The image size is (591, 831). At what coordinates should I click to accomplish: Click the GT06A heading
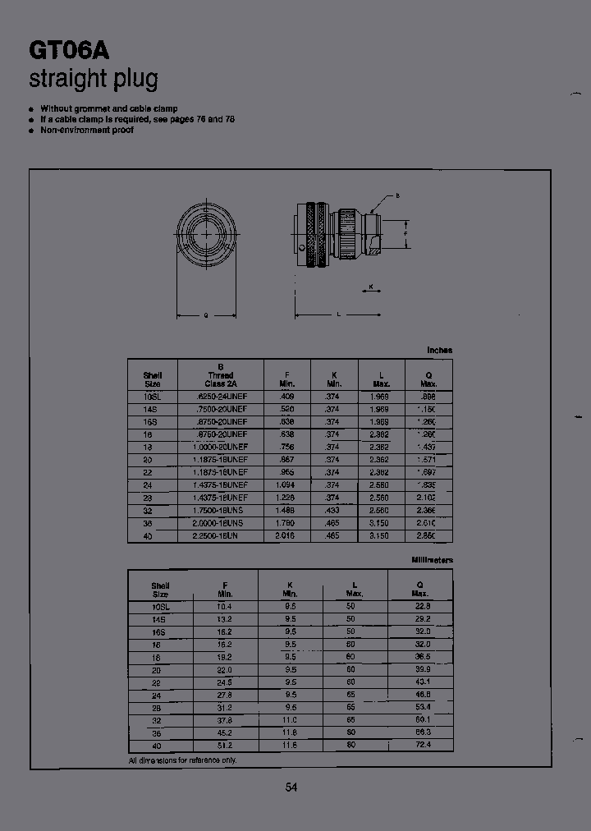(x=70, y=51)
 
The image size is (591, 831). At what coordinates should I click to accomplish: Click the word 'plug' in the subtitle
(x=134, y=80)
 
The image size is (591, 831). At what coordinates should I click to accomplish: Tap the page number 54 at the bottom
(x=291, y=787)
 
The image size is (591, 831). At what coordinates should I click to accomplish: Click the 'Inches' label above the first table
(x=439, y=351)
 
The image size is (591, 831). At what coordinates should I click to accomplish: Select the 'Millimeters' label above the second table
(x=432, y=560)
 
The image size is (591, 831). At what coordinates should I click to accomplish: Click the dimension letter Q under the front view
(x=205, y=315)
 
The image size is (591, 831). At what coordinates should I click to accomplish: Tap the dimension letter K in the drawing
(x=371, y=287)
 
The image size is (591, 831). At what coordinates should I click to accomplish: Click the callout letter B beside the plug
(x=398, y=195)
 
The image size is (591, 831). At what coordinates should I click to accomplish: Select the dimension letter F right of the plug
(x=405, y=232)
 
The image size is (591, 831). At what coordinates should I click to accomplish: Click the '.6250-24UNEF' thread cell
(x=220, y=397)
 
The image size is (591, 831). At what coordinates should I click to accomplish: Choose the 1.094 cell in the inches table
(x=286, y=485)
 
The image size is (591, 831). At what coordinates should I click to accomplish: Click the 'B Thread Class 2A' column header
(x=220, y=375)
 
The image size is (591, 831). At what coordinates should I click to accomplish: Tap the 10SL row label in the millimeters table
(x=160, y=607)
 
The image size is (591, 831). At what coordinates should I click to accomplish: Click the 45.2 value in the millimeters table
(x=224, y=732)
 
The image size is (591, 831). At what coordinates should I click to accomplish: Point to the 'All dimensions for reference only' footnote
(x=182, y=761)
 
